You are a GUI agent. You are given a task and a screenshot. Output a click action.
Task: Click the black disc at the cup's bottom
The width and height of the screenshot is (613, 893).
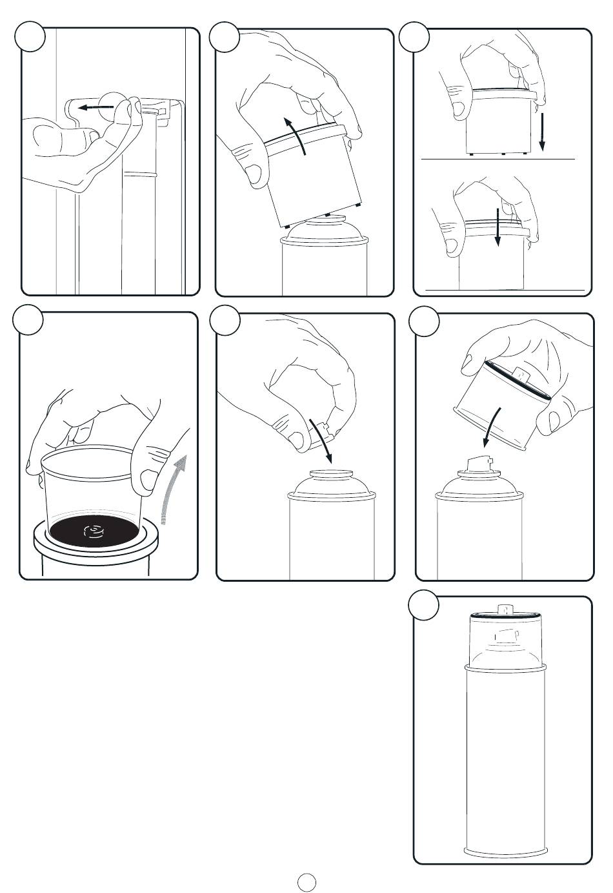point(94,531)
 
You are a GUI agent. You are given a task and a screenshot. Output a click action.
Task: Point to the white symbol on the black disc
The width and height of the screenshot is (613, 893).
point(94,531)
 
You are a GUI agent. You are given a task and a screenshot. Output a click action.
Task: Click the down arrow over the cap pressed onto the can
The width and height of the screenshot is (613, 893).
point(497,226)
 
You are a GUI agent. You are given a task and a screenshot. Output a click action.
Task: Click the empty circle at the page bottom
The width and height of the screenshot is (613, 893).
point(307,881)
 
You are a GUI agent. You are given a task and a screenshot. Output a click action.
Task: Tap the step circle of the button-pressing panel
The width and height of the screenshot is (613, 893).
point(30,37)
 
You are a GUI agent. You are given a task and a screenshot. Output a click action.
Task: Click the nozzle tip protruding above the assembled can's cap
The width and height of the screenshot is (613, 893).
point(505,608)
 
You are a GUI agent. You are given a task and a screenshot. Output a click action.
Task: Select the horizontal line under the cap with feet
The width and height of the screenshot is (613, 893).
point(497,158)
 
